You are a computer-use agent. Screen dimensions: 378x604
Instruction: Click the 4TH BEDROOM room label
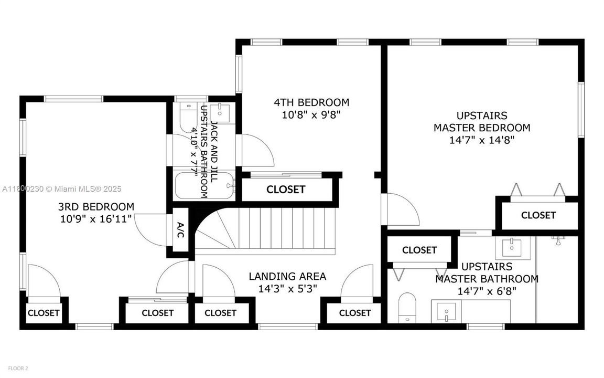pos(311,102)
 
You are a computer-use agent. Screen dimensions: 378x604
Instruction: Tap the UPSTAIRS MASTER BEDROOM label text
pos(481,121)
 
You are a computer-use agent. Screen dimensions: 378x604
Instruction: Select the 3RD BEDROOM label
pos(96,206)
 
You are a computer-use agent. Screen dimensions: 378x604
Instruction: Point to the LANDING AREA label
pos(287,276)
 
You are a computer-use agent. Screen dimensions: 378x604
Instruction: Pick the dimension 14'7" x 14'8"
pos(481,140)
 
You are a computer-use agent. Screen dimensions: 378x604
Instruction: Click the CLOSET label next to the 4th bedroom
pos(286,190)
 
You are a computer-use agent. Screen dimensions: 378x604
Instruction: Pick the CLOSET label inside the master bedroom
pos(538,215)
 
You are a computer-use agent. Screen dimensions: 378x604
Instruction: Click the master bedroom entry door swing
pos(401,210)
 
